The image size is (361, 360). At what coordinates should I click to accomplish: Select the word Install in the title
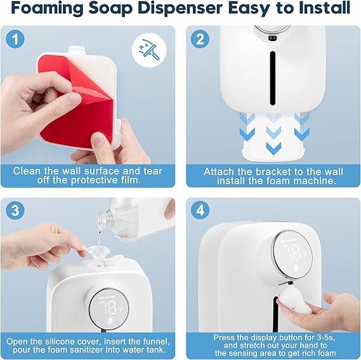tap(322, 9)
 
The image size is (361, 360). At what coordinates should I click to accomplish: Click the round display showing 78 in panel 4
tap(292, 253)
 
